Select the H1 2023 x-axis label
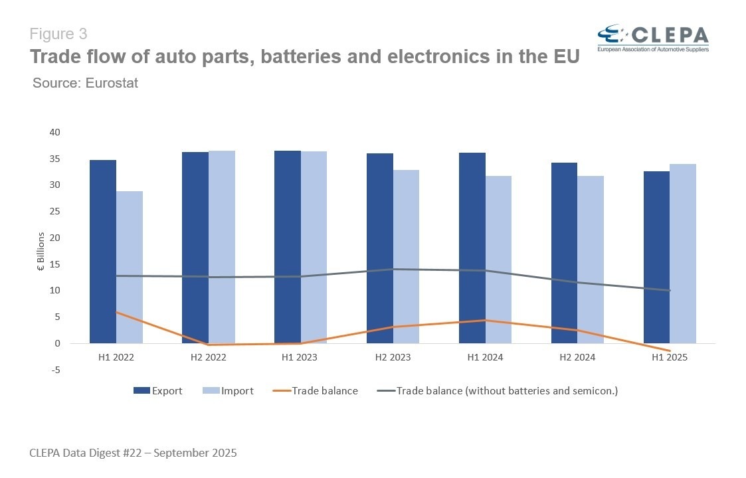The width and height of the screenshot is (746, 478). (x=300, y=357)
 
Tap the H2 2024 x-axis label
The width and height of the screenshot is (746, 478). (x=577, y=357)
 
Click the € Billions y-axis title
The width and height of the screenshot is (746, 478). (x=41, y=252)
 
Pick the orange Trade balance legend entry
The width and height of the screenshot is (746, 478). (x=316, y=391)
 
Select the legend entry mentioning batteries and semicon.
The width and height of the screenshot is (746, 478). (x=498, y=391)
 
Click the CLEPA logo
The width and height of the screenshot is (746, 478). (x=652, y=39)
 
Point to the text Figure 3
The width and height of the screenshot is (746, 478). (x=58, y=33)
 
